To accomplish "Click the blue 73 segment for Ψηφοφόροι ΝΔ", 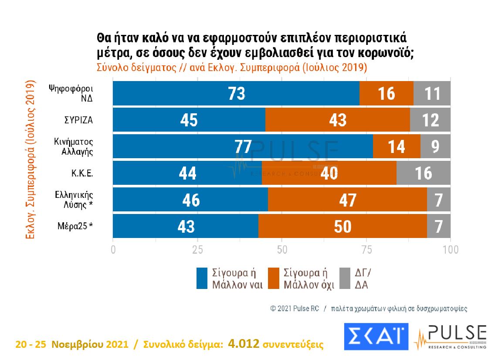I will pos(236,93).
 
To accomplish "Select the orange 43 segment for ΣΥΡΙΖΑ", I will pos(337,120).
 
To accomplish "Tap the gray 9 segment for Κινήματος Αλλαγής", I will pos(435,146).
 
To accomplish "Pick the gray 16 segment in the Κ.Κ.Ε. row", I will pos(423,173).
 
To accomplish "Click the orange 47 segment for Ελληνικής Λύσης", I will pos(347,200).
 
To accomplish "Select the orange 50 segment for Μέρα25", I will pos(342,227).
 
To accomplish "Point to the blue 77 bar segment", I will pos(243,146).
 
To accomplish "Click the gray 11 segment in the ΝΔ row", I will pos(432,93).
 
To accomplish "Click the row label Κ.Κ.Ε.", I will pos(82,173).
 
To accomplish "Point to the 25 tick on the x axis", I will pos(197,250).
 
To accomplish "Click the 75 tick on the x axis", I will pos(366,250).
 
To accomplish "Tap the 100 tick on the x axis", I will pos(450,250).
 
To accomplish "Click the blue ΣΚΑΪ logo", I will pos(375,337).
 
